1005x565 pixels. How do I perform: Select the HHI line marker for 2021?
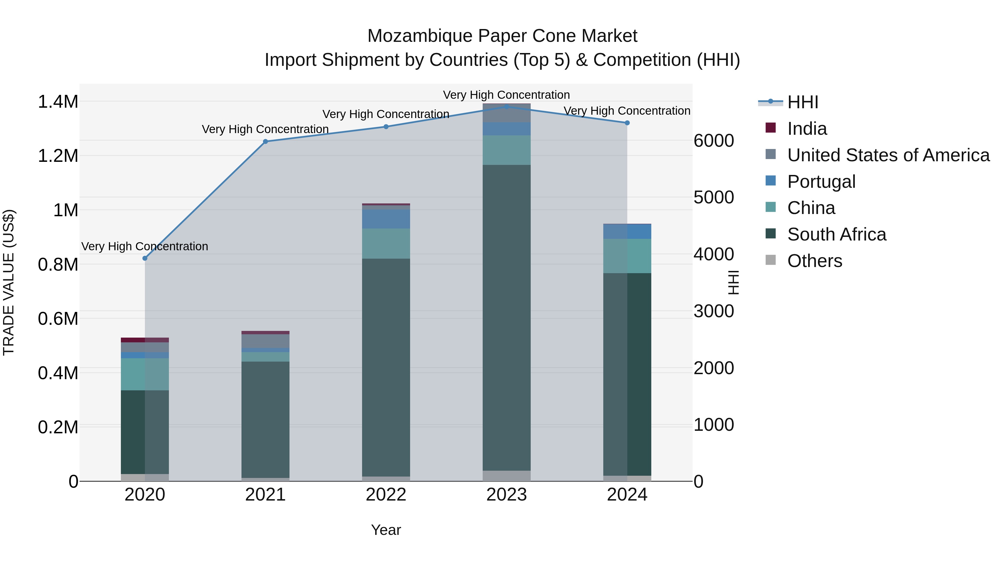[x=265, y=141]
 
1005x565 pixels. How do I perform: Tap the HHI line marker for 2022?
[x=386, y=127]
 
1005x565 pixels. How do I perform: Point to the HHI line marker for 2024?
[x=627, y=123]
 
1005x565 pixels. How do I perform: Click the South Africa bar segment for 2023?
[x=506, y=318]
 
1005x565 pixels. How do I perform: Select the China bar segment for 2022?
[x=386, y=243]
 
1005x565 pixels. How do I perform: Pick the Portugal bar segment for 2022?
[x=386, y=219]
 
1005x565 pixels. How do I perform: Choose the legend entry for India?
[x=807, y=129]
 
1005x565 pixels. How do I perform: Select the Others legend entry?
[x=814, y=261]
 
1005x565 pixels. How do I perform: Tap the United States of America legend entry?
[x=888, y=155]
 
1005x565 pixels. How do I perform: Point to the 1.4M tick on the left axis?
[x=58, y=102]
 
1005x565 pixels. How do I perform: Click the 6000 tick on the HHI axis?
[x=714, y=141]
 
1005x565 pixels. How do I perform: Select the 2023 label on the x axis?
[x=506, y=495]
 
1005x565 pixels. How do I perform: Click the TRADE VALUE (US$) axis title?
[x=9, y=282]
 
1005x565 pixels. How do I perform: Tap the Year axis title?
[x=386, y=530]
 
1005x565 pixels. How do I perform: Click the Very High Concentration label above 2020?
[x=145, y=246]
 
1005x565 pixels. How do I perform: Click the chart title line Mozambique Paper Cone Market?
[x=502, y=36]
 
